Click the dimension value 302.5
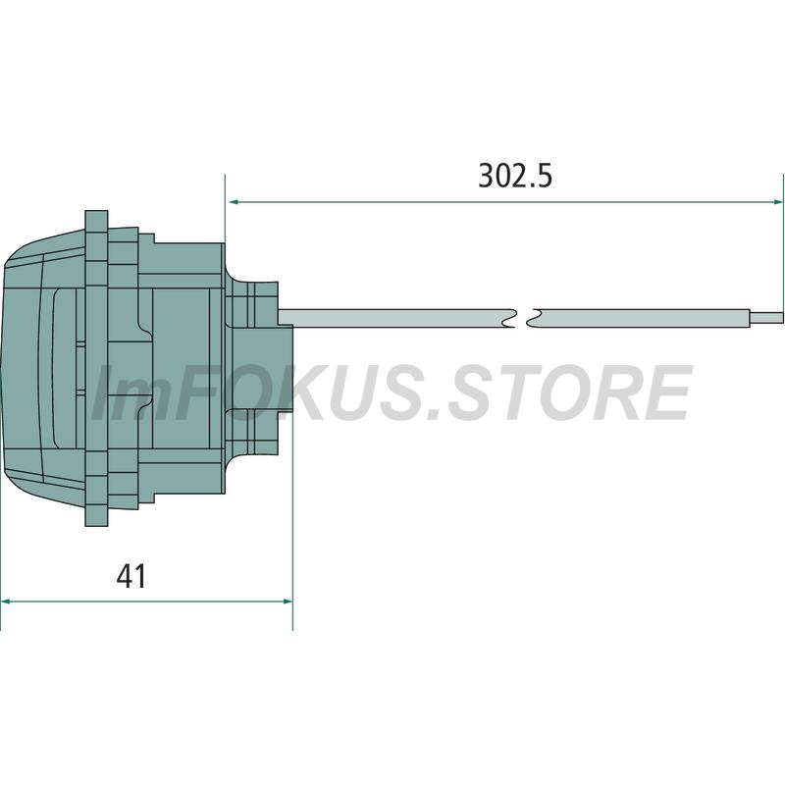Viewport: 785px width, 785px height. point(515,176)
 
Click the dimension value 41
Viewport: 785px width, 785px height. point(131,576)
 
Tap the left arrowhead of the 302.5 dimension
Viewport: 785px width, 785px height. point(233,202)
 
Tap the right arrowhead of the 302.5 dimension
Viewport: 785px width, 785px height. point(777,202)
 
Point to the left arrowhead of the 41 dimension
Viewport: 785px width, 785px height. point(6,602)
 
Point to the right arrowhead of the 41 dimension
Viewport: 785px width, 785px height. point(288,602)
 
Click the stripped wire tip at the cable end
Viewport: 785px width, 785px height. point(766,318)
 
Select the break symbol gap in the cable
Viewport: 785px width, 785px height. point(524,318)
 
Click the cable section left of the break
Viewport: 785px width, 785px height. point(395,318)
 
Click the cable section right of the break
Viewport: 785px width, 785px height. point(644,318)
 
